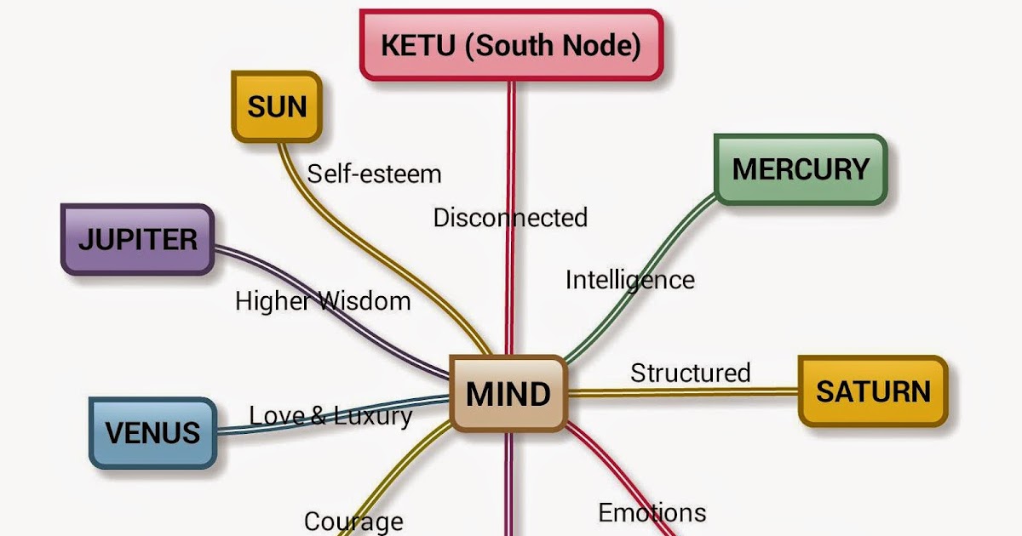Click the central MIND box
(508, 393)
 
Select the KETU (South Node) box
(511, 45)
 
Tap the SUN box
(277, 107)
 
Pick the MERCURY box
(801, 169)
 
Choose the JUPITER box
(137, 239)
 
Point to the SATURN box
(873, 391)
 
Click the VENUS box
(152, 432)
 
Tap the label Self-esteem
(375, 174)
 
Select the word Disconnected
(510, 218)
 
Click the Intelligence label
(629, 280)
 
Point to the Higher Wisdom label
(323, 300)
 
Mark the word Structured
(690, 373)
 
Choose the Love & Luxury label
(330, 416)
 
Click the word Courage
(353, 521)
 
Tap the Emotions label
(652, 513)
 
